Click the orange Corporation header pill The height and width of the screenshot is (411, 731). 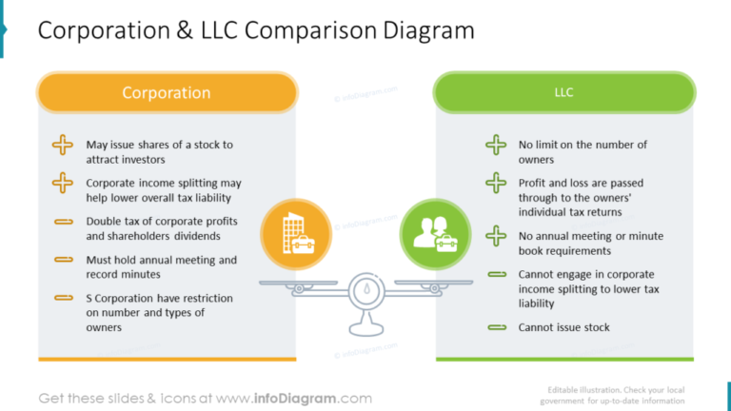(167, 92)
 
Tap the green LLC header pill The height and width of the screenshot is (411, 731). (564, 92)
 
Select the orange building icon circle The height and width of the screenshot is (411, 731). (296, 234)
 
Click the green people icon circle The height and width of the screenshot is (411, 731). (435, 234)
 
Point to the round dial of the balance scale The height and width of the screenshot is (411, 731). (366, 291)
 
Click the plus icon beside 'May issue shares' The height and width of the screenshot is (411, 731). (63, 145)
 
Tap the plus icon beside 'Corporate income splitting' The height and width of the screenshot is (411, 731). (63, 183)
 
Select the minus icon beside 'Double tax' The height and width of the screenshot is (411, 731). (64, 222)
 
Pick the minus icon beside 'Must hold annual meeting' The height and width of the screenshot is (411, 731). (64, 260)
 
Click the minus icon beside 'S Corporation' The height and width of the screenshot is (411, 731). (64, 298)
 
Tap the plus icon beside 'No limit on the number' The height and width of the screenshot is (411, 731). (496, 145)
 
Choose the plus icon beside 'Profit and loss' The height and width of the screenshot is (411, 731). (496, 183)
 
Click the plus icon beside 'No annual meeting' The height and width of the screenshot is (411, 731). (496, 236)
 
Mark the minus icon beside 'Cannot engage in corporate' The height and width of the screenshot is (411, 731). (497, 274)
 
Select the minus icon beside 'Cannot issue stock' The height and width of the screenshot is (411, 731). (497, 327)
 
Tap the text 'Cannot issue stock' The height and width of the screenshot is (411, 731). (564, 327)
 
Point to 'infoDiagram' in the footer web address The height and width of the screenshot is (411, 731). (295, 399)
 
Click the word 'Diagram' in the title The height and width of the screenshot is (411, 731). (429, 30)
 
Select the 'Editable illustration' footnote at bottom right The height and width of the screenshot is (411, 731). (612, 395)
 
